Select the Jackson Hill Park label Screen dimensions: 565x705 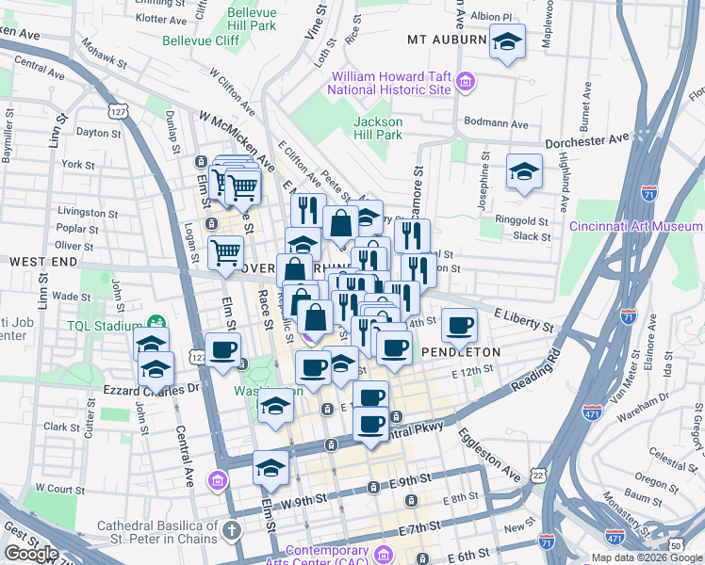378,128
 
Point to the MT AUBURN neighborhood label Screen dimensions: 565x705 447,40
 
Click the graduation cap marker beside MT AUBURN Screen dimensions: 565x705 507,41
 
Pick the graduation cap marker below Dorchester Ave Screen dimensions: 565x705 523,171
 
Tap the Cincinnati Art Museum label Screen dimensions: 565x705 636,226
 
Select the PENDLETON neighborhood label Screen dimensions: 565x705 461,351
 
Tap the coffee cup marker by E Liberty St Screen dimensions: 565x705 459,325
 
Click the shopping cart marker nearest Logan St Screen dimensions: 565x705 226,251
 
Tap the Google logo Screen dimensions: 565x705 31,554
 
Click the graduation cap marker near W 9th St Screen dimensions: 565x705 271,469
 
